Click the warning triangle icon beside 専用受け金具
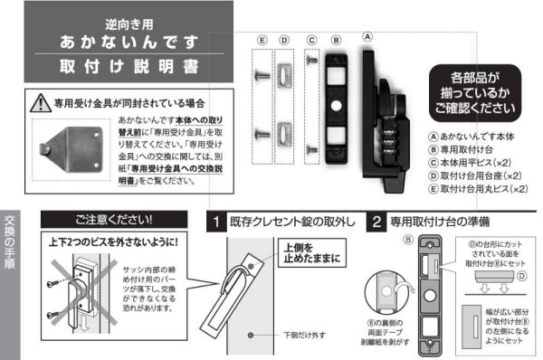(39, 102)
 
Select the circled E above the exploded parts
(262, 41)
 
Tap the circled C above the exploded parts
(311, 41)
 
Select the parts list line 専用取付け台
(469, 149)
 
